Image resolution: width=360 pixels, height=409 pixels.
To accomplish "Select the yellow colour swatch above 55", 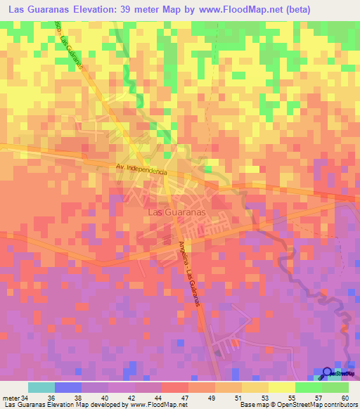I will pyautogui.click(x=281, y=387).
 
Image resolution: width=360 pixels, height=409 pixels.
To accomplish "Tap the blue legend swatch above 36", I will pyautogui.click(x=67, y=387).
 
